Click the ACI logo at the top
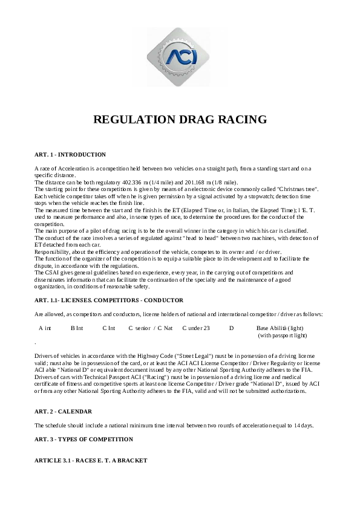(180, 56)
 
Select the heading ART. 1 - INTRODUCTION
(70, 155)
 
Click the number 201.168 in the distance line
(203, 183)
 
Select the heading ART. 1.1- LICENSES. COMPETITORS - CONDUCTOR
(109, 300)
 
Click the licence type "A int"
(45, 328)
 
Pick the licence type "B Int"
(77, 328)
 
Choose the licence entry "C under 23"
(196, 328)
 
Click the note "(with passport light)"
(283, 334)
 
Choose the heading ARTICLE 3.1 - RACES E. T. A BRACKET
(91, 461)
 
